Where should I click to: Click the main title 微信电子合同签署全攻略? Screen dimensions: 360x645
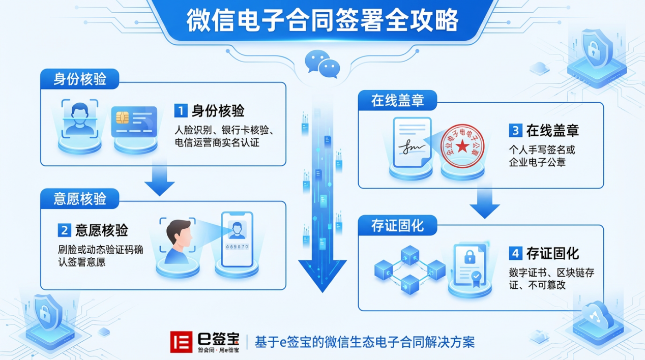coord(322,21)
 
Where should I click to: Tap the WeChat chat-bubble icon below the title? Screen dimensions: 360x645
coord(322,64)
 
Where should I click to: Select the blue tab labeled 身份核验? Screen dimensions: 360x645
coord(80,79)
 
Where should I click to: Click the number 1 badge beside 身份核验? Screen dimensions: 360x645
coord(181,111)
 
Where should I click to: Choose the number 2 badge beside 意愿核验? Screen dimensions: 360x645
coord(64,230)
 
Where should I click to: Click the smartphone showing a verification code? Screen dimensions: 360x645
coord(237,239)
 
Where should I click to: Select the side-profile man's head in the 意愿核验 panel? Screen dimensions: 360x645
coord(178,237)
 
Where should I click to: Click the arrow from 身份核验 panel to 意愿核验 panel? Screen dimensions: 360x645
coord(159,179)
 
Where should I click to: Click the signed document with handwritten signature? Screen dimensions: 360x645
coord(412,143)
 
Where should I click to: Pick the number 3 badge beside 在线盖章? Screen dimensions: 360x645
coord(515,131)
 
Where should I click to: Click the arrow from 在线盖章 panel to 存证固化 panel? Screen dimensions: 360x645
coord(484,202)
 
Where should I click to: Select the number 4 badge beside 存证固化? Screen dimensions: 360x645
coord(515,253)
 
